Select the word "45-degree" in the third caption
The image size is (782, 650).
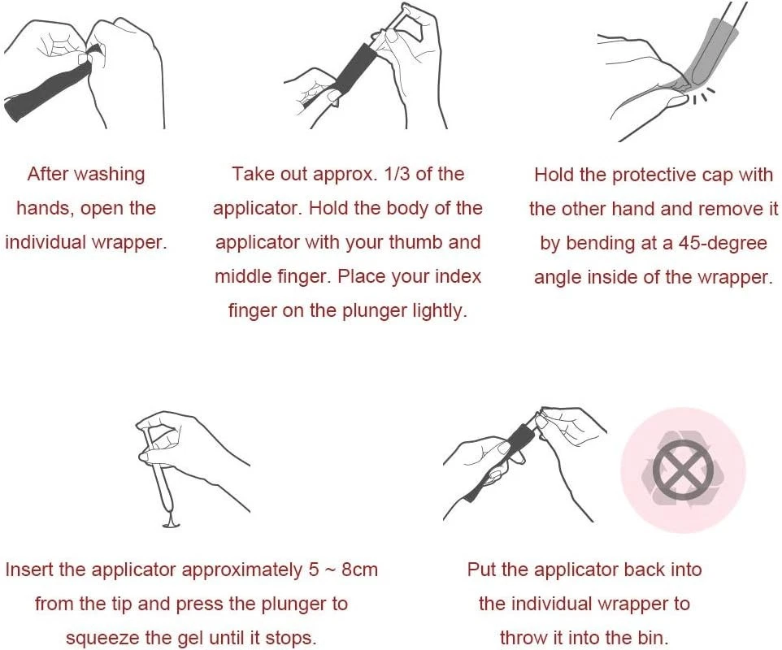click(723, 243)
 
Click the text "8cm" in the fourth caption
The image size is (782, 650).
click(359, 570)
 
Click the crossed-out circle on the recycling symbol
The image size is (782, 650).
click(683, 470)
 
